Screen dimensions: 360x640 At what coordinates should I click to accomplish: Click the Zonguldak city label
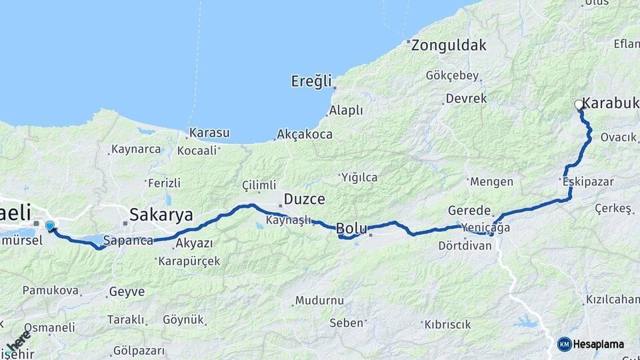[449, 46]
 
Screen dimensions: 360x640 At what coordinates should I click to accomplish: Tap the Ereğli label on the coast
[311, 81]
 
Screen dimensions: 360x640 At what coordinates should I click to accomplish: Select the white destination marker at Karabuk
[579, 105]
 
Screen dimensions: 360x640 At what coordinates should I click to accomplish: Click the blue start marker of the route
[49, 226]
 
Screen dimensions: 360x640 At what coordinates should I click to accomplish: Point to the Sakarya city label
[161, 215]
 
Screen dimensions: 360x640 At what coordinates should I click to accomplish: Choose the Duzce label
[304, 199]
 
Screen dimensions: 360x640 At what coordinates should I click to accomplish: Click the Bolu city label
[351, 227]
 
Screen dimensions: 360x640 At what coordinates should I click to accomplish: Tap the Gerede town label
[469, 209]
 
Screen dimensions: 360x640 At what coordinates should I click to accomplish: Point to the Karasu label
[209, 133]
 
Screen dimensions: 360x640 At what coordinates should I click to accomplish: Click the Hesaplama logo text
[599, 344]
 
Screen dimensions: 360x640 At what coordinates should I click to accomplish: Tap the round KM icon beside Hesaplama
[565, 344]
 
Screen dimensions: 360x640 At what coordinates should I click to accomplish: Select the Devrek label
[467, 98]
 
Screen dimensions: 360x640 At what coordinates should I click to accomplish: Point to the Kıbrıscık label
[447, 325]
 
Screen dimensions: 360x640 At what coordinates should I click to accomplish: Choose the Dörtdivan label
[465, 245]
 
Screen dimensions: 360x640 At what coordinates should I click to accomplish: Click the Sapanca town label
[129, 240]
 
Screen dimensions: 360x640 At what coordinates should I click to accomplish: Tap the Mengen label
[492, 181]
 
